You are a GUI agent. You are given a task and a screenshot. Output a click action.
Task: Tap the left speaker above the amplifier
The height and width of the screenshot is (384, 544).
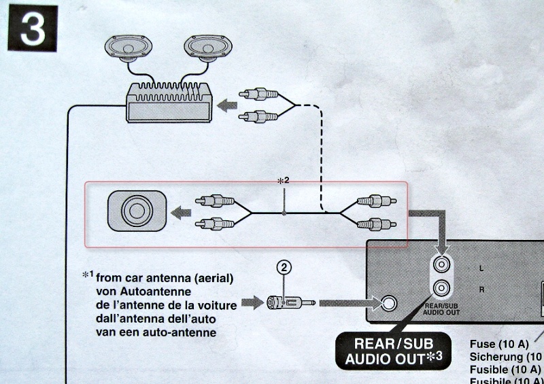pyautogui.click(x=130, y=49)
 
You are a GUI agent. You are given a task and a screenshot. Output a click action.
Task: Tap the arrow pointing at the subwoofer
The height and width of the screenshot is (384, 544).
pyautogui.click(x=180, y=212)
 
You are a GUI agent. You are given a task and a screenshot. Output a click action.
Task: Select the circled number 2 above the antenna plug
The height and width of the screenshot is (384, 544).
pyautogui.click(x=285, y=268)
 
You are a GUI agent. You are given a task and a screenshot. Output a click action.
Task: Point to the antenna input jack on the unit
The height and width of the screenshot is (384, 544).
pyautogui.click(x=390, y=302)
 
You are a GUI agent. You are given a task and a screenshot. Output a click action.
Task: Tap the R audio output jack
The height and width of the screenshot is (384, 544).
pyautogui.click(x=443, y=288)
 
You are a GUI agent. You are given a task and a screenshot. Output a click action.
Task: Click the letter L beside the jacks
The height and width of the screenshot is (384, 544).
pyautogui.click(x=481, y=268)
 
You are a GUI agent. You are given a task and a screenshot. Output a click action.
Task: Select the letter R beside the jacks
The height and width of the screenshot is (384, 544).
pyautogui.click(x=481, y=289)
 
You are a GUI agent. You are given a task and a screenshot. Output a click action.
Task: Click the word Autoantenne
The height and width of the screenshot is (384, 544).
pyautogui.click(x=131, y=290)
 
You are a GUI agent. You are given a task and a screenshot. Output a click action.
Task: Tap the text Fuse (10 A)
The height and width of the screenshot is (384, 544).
pyautogui.click(x=499, y=344)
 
